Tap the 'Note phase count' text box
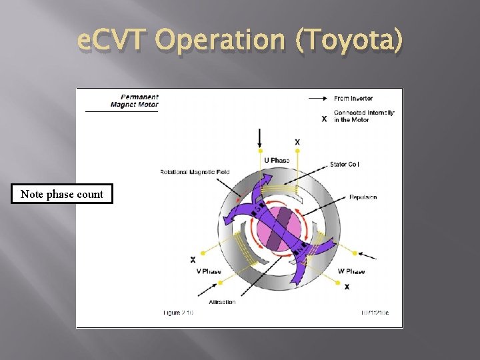click(62, 194)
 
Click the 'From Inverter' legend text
click(353, 98)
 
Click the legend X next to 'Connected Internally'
click(324, 119)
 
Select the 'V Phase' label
click(209, 271)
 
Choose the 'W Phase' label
click(351, 271)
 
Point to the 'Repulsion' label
click(363, 197)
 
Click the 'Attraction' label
click(222, 302)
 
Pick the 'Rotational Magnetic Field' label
click(195, 172)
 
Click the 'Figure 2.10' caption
click(178, 312)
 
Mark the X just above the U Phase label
click(297, 142)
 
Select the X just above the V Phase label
click(193, 259)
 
